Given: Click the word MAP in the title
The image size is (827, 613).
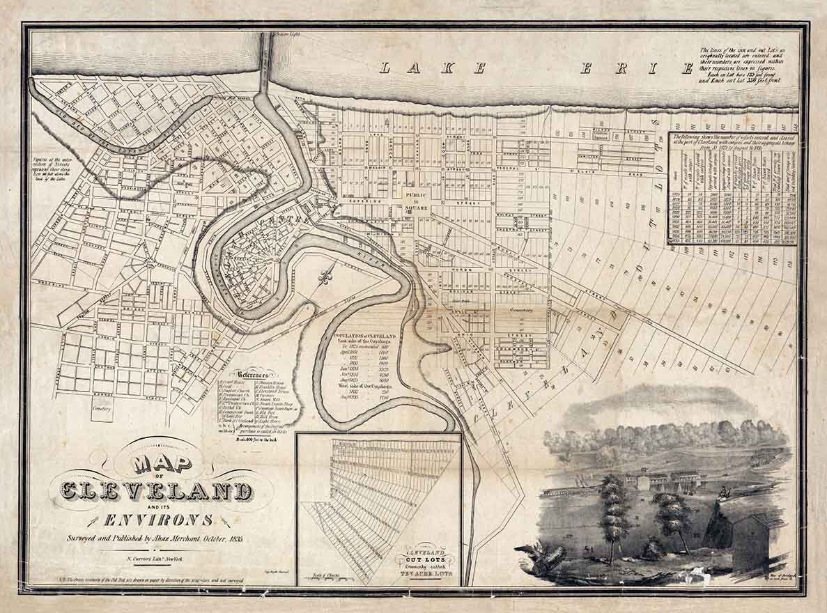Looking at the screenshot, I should coord(154,464).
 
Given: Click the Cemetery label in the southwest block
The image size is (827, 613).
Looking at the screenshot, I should coord(102,409).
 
